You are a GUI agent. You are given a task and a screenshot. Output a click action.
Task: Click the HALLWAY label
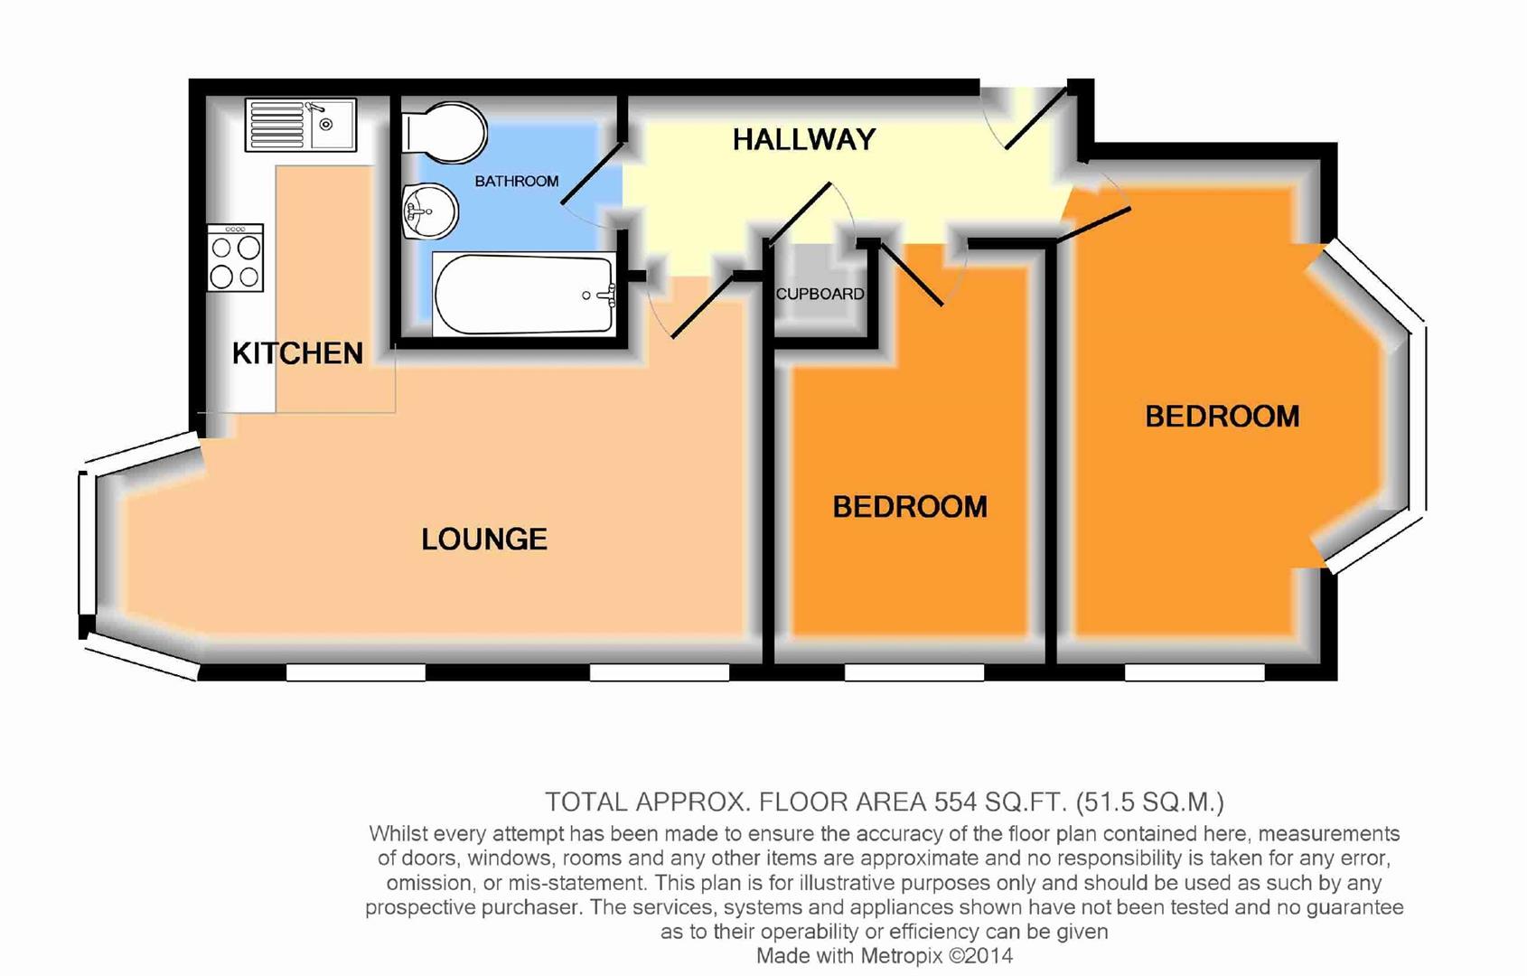pyautogui.click(x=803, y=139)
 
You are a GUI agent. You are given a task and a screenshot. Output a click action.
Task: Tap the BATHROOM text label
pyautogui.click(x=516, y=181)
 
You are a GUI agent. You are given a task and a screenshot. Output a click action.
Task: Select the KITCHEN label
pyautogui.click(x=297, y=353)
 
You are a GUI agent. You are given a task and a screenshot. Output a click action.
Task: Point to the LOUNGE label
pyautogui.click(x=484, y=540)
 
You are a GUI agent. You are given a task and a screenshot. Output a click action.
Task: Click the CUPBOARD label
pyautogui.click(x=820, y=294)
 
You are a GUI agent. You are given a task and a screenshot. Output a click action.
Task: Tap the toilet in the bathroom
pyautogui.click(x=445, y=132)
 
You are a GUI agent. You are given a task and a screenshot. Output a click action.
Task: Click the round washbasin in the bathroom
pyautogui.click(x=429, y=212)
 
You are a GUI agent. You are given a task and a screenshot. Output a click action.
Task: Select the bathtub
pyautogui.click(x=524, y=295)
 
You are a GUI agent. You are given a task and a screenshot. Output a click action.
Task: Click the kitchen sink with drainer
pyautogui.click(x=301, y=125)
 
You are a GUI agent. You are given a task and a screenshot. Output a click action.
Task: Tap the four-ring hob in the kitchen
pyautogui.click(x=235, y=258)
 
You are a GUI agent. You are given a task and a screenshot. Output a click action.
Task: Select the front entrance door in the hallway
pyautogui.click(x=1036, y=117)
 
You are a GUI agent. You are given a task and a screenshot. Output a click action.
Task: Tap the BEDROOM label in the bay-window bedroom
pyautogui.click(x=1222, y=417)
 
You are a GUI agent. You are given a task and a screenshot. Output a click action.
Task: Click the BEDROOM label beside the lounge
pyautogui.click(x=909, y=507)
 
